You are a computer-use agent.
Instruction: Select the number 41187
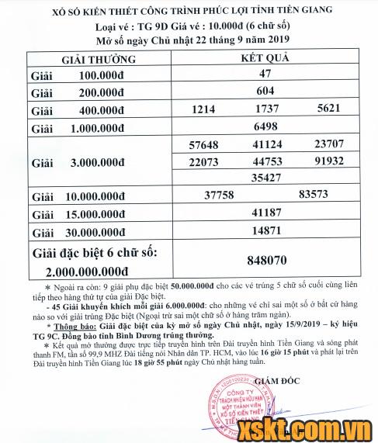[x=265, y=212]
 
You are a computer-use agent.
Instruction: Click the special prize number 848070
[x=265, y=261]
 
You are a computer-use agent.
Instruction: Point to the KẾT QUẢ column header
[x=265, y=59]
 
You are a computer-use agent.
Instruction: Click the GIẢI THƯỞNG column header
[x=98, y=59]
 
